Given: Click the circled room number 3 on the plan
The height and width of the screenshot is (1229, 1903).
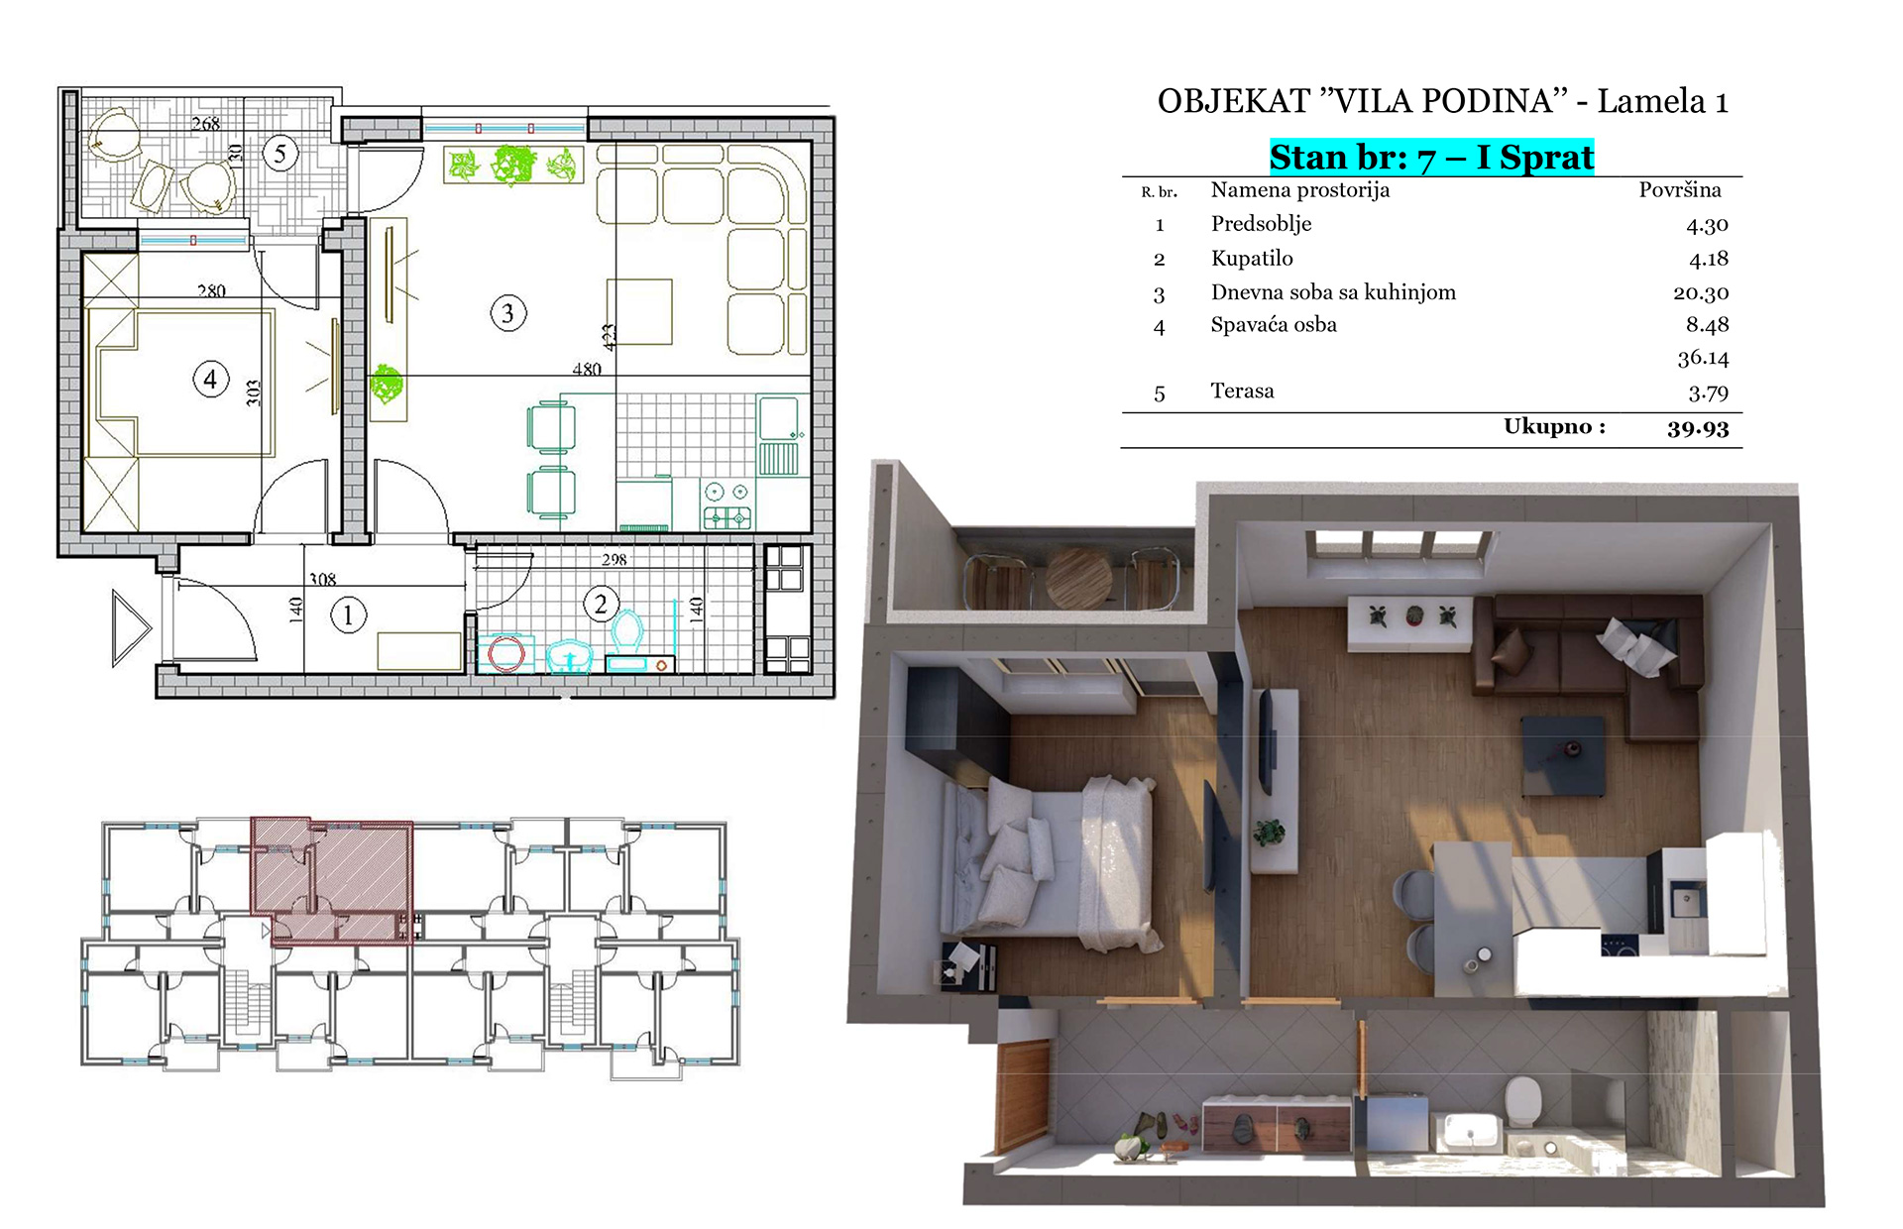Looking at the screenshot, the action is [x=508, y=313].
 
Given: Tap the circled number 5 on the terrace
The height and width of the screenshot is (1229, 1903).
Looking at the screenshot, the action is [x=280, y=154].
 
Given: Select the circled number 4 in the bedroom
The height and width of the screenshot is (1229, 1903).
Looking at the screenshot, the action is [x=210, y=379].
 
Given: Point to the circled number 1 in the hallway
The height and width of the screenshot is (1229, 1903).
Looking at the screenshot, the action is [x=348, y=615].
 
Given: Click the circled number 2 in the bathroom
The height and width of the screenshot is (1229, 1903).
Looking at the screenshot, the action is [x=601, y=604].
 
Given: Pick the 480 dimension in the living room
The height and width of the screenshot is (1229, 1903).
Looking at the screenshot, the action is [x=587, y=369].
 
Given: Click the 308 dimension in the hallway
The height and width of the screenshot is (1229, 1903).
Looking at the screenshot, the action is [x=322, y=579].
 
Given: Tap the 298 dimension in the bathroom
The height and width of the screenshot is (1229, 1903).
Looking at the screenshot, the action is [x=614, y=559].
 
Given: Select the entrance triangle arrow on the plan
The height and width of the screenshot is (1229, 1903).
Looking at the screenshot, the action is [x=131, y=628].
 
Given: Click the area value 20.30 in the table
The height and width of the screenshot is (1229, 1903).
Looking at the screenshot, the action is [x=1701, y=293].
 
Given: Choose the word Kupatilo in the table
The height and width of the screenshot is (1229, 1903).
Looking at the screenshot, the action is [x=1252, y=259].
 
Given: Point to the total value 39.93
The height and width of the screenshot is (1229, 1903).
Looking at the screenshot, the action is [x=1698, y=428].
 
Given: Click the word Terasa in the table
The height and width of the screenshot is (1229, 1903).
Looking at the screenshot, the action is [x=1242, y=391].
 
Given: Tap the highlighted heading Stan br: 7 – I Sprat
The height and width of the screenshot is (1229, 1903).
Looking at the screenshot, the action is [x=1431, y=158].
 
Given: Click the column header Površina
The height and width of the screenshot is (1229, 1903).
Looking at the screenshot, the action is [x=1680, y=190].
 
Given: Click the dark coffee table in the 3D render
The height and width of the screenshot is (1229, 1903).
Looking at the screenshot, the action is [x=1564, y=755].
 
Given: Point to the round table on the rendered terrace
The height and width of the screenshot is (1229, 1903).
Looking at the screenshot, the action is [x=1078, y=576].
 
